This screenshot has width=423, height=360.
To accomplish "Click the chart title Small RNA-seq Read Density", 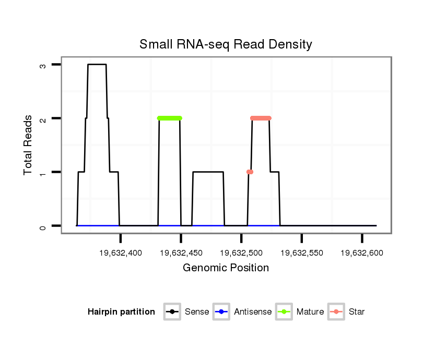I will click(226, 44).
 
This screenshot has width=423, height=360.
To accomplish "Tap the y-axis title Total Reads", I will click(28, 145).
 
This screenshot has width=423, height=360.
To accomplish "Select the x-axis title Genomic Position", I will click(226, 268).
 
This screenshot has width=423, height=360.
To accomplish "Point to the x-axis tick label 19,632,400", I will click(120, 253).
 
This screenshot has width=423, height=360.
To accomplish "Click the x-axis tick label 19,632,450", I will click(181, 253).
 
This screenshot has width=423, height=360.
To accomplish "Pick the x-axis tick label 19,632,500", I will click(241, 253).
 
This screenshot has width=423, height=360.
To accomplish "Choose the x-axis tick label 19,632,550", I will click(302, 253).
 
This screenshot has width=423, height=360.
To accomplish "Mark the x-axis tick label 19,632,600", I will click(362, 253).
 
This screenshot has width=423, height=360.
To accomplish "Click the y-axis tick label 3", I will click(43, 65).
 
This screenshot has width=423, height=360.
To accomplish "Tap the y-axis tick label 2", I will click(43, 118).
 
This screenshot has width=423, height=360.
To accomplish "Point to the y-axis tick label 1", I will click(43, 172).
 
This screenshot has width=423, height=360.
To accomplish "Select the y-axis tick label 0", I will click(43, 226).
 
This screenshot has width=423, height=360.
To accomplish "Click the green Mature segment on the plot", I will click(169, 118).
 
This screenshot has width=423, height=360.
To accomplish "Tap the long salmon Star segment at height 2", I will click(261, 118).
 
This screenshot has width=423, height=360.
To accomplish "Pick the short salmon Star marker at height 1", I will click(250, 172).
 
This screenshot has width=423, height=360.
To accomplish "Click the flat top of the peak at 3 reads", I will click(97, 65).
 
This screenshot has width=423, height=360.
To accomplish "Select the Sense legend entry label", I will click(197, 312).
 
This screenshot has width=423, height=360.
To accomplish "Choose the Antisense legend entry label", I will click(253, 312).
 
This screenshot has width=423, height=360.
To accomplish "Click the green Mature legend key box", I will click(285, 312).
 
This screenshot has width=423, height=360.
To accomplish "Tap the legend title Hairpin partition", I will click(121, 312).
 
